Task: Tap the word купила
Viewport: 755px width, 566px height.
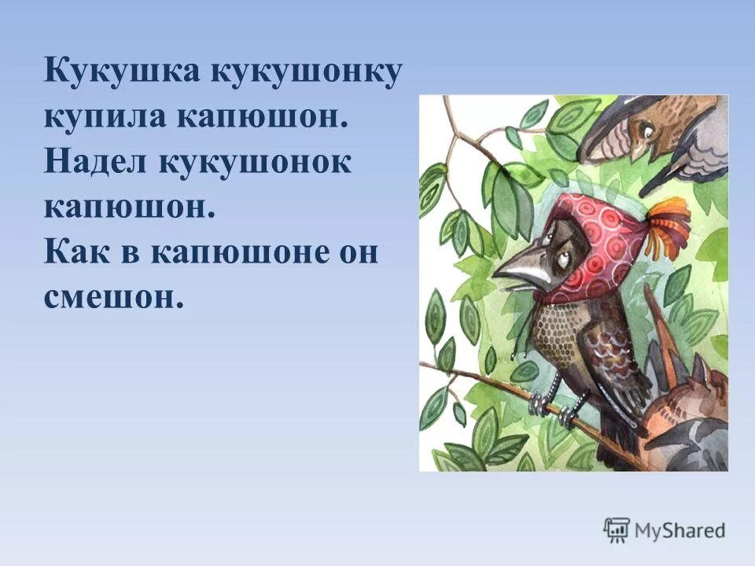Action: click(x=102, y=117)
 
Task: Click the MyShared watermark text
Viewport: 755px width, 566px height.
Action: click(x=679, y=530)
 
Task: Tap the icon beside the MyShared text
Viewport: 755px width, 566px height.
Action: click(x=617, y=530)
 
